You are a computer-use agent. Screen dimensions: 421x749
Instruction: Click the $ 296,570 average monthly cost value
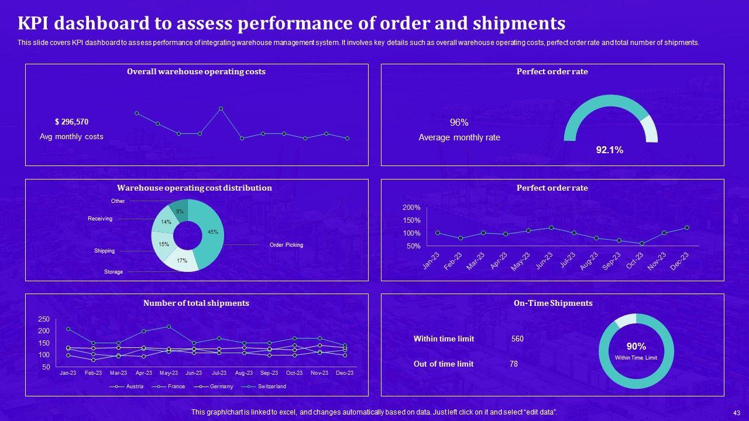[71, 122]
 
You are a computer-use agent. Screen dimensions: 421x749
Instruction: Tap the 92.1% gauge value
[609, 150]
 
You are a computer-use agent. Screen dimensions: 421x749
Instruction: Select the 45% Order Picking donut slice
[211, 232]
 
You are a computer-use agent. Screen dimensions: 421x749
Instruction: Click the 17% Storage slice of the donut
[181, 261]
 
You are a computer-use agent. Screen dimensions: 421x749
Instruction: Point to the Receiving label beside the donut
[100, 219]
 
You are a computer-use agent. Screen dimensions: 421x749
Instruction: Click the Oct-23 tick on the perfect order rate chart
[635, 261]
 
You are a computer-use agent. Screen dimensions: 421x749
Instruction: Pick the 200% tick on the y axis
[411, 208]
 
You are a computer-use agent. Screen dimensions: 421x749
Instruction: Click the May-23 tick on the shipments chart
[169, 373]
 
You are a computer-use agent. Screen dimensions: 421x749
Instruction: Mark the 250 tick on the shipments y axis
[44, 319]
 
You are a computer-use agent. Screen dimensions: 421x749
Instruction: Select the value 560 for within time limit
[517, 339]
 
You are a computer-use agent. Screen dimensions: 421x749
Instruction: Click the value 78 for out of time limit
[514, 364]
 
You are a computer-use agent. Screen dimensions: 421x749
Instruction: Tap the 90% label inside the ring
[636, 346]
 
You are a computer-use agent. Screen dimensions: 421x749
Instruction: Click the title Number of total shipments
[196, 303]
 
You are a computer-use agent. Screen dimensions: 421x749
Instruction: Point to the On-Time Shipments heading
[553, 303]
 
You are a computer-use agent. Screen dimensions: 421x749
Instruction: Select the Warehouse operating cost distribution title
[194, 188]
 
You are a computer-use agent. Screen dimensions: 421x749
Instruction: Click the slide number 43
[736, 412]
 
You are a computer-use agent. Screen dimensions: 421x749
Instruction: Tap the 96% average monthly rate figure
[459, 123]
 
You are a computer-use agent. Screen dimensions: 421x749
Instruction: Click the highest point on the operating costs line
[221, 108]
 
